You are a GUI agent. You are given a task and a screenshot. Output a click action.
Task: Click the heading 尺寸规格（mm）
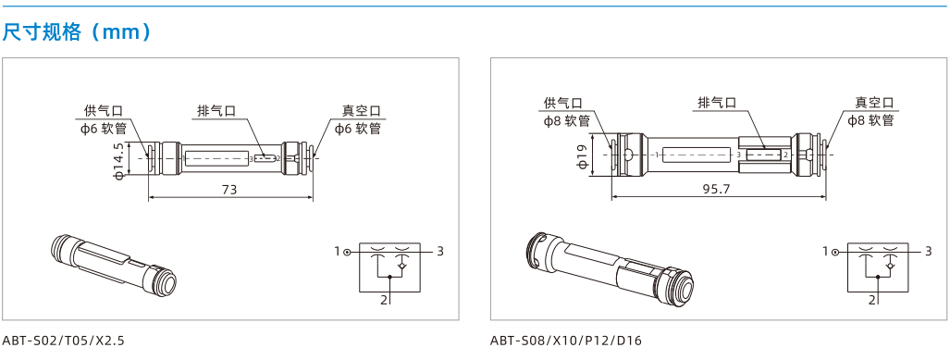coord(77,32)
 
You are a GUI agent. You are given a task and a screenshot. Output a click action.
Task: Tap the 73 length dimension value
coord(229,189)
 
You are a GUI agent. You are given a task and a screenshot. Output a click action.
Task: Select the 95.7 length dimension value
coord(718,189)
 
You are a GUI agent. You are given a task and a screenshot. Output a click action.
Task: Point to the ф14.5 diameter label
coord(118,161)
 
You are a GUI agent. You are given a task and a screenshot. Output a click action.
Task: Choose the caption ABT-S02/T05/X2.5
coord(63,341)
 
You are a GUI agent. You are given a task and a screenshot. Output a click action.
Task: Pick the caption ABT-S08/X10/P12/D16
coord(565,341)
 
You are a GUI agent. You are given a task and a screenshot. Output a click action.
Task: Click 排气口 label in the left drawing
coord(216,111)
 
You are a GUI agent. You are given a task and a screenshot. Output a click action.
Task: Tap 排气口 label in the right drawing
coord(717,103)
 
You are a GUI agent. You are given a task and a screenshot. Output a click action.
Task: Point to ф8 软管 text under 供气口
coord(567,120)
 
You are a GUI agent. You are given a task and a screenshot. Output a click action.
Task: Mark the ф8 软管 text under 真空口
coord(871,120)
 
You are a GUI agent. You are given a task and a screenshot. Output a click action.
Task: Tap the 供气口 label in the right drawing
coord(562,103)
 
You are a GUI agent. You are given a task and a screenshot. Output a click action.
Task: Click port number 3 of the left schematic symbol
coord(440,251)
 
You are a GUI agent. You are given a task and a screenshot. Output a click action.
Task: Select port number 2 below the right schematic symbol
coord(872,300)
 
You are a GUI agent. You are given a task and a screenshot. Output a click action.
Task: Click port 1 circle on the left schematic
coord(347,252)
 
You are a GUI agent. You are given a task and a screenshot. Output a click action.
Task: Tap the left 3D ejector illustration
coord(113,265)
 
